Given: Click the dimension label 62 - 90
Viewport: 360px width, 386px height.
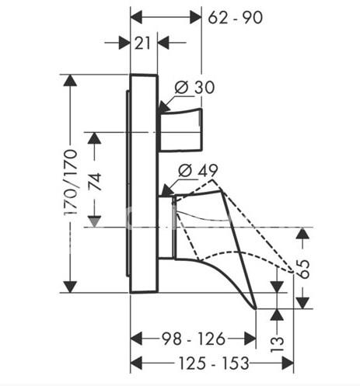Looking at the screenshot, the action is coord(236,18).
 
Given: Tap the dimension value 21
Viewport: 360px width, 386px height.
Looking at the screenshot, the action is coord(142,43).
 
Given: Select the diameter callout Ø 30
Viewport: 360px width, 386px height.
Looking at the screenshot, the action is coord(194,87).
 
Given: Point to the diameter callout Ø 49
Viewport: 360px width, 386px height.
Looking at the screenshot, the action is coord(198,170).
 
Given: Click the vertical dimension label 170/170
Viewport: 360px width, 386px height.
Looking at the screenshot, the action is coord(71,183).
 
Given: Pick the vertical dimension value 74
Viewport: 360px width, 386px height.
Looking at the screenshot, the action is coord(95,183).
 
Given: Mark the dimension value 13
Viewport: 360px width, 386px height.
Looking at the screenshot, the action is coord(277,344).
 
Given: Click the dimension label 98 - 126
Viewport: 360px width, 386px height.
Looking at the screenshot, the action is coord(194,339).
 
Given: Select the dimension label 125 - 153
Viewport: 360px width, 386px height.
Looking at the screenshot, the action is coord(214,363).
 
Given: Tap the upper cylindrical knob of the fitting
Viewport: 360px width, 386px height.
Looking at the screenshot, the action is coord(180,130).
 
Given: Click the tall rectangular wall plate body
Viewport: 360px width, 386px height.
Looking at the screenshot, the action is coord(144,183).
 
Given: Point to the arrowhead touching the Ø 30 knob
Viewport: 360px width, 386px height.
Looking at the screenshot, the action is coord(164,107).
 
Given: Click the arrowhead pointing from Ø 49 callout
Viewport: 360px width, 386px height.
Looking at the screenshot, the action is coord(166,190).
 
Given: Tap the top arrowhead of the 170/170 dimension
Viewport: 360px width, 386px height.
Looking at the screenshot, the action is coord(71,80).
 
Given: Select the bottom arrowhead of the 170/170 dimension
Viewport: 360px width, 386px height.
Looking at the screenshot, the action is coord(71,287).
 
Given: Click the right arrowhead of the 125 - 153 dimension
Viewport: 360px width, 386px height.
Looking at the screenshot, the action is coord(288,363).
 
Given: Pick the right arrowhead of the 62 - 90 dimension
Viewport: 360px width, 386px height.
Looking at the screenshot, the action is coord(196,18).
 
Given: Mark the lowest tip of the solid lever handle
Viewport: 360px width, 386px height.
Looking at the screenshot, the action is coord(256,308).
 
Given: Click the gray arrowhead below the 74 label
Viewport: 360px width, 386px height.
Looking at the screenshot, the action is coord(94,222).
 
